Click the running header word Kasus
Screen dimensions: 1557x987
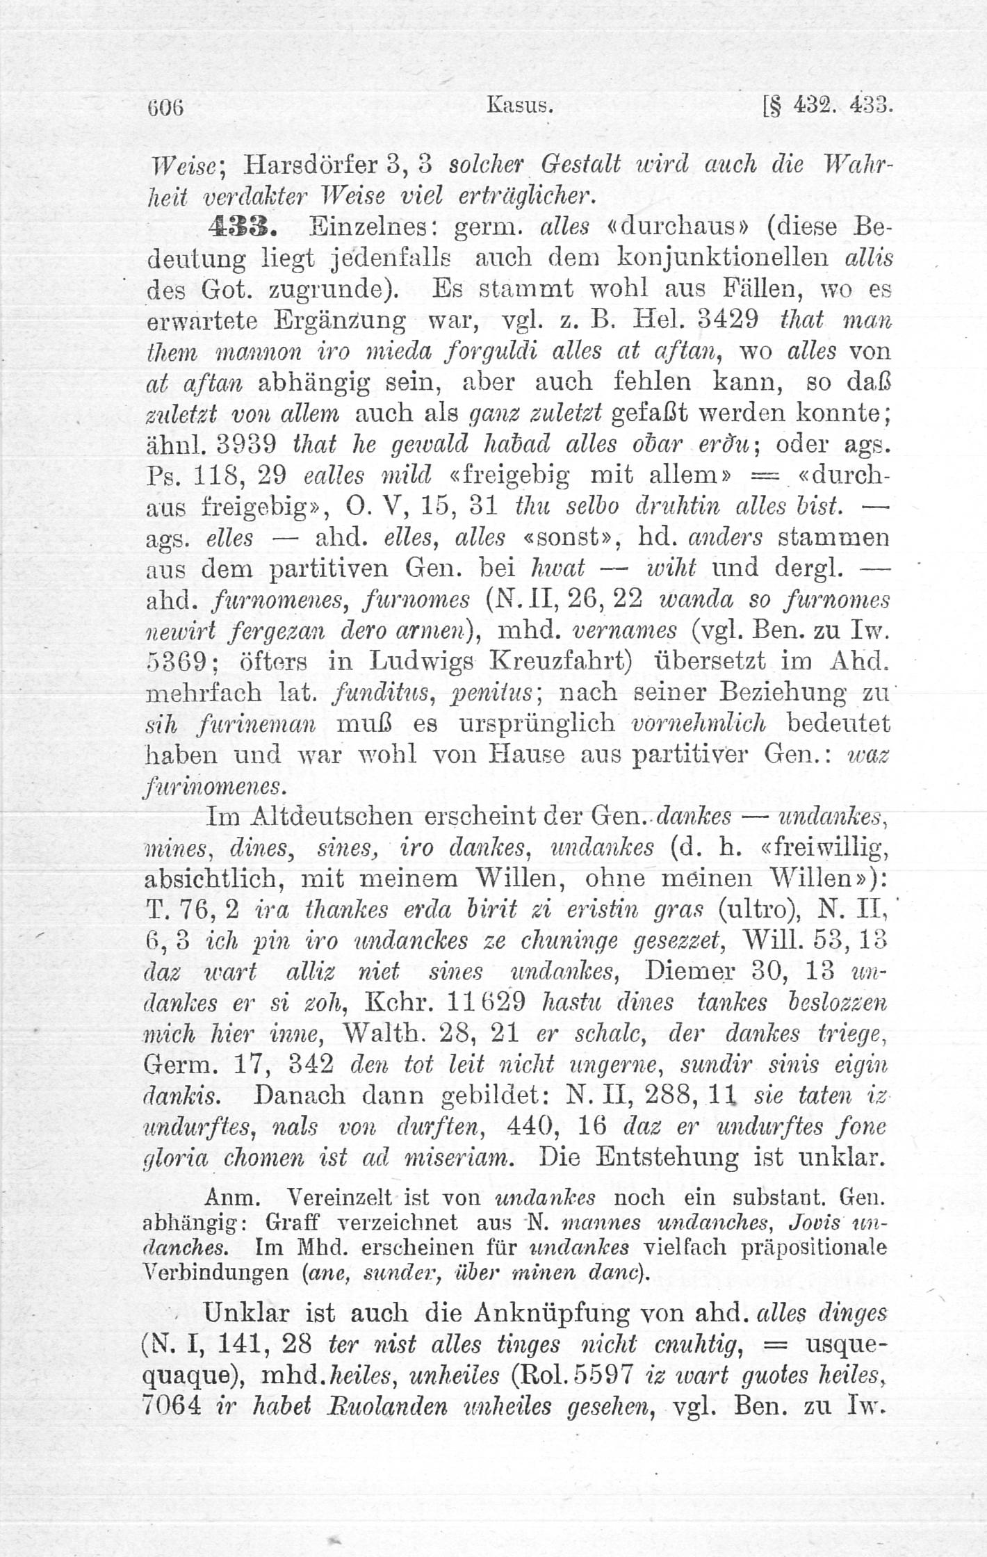pos(520,107)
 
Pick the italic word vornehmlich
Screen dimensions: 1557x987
pos(700,724)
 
